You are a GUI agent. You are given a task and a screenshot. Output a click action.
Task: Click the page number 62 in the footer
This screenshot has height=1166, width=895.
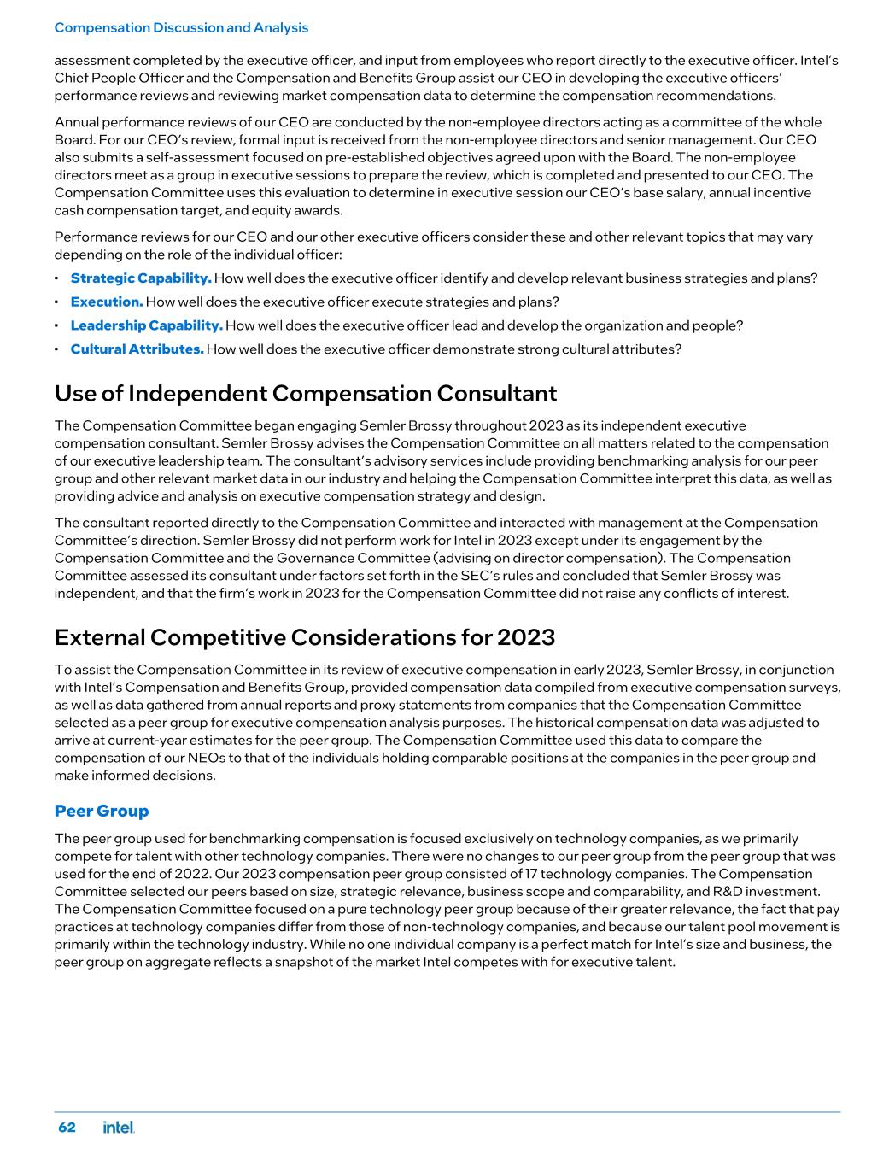67,1128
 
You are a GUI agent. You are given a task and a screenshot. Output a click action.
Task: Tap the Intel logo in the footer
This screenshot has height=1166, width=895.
119,1128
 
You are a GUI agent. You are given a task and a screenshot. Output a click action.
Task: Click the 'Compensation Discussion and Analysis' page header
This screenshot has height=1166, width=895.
181,27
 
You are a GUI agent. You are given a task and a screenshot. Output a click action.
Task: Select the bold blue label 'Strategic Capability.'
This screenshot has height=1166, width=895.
141,278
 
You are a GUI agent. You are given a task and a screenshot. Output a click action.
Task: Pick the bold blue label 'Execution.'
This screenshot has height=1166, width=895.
107,302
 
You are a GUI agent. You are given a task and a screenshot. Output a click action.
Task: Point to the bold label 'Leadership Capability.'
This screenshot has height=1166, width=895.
146,325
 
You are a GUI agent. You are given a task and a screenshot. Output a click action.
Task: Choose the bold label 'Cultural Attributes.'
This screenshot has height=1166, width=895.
137,349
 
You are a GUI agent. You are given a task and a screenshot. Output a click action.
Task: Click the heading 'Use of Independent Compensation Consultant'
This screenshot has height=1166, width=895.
305,394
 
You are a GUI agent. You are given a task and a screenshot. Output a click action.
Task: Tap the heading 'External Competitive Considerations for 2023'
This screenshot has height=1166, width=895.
304,637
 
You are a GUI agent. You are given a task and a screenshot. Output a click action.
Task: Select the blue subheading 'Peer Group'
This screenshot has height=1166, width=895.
101,811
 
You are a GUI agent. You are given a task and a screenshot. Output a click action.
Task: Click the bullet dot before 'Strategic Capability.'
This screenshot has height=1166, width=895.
56,278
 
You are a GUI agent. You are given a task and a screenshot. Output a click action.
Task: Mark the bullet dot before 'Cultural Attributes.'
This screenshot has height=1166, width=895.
56,349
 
